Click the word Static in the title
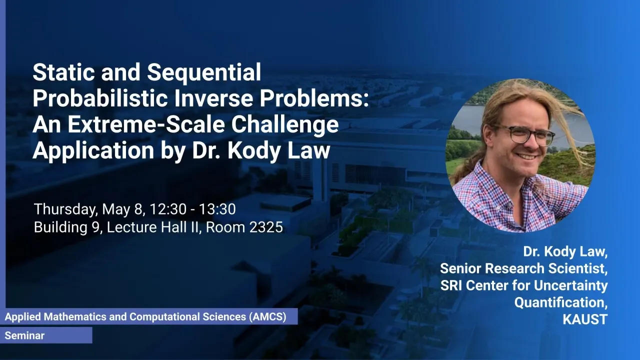63,72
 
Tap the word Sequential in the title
204,72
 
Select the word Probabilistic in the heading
100,98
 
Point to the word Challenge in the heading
285,125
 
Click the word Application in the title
93,150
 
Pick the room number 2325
266,227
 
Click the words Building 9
68,227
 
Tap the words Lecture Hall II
153,227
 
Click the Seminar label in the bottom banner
24,335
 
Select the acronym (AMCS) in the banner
267,317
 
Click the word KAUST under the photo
585,319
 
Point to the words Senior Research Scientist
523,268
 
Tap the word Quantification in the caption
561,302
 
